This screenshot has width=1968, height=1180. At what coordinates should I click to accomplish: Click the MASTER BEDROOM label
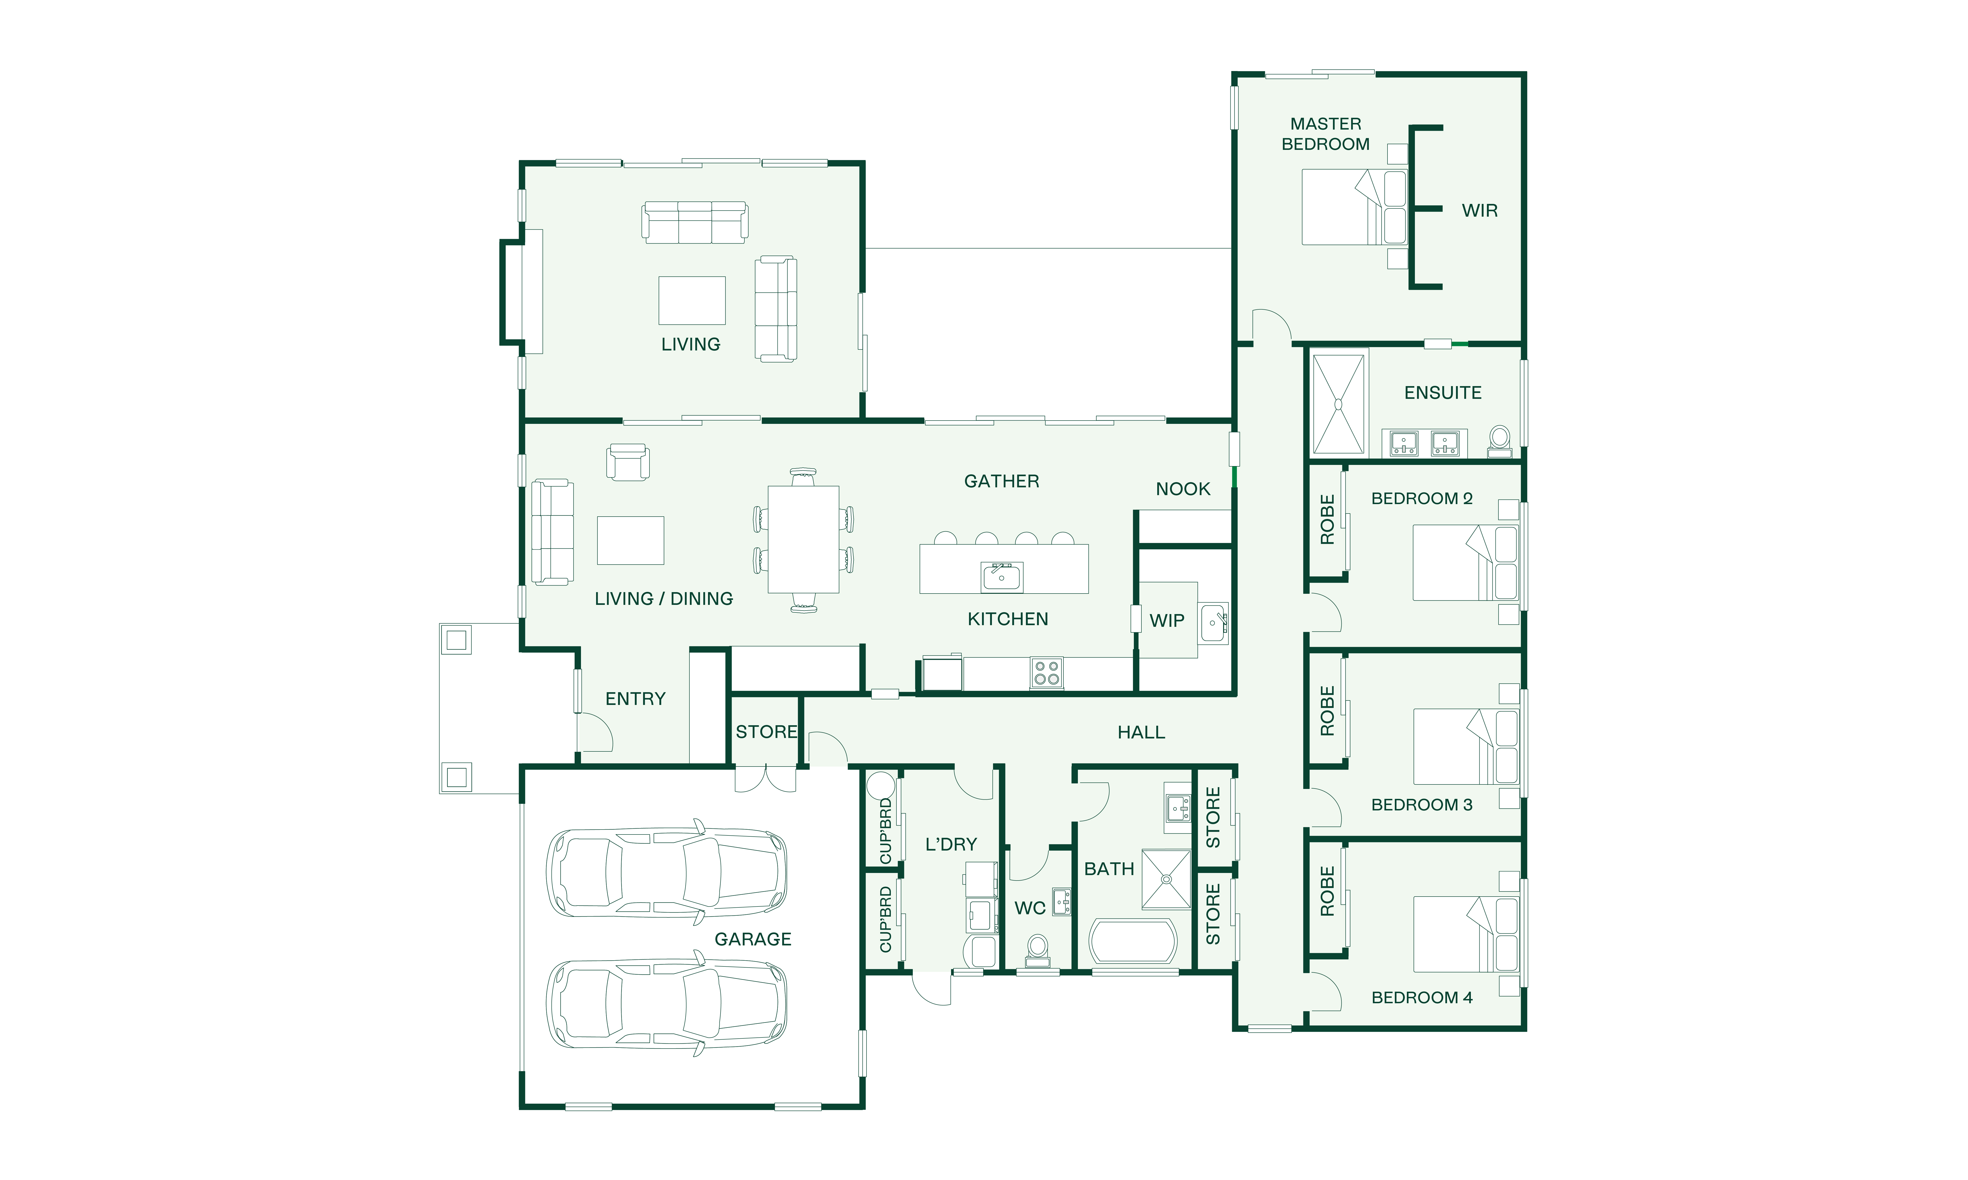1325,134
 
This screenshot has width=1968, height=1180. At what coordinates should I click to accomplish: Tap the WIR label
1480,211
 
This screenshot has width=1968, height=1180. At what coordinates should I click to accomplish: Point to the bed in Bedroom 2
1464,562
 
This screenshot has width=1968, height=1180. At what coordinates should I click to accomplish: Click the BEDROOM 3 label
1422,805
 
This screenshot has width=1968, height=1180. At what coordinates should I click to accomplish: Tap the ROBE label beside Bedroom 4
1327,891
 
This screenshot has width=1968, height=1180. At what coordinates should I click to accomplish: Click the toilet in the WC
1037,951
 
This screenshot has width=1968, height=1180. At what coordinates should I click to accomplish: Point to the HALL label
1141,732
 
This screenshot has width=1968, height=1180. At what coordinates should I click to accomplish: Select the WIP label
1167,621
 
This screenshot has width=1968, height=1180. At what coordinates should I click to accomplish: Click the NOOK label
1183,489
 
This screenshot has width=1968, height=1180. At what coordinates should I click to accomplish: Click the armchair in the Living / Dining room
628,462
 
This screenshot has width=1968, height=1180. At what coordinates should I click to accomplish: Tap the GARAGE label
752,939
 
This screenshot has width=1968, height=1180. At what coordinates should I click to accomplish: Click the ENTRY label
635,699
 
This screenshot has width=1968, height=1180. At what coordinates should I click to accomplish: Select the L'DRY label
951,844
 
